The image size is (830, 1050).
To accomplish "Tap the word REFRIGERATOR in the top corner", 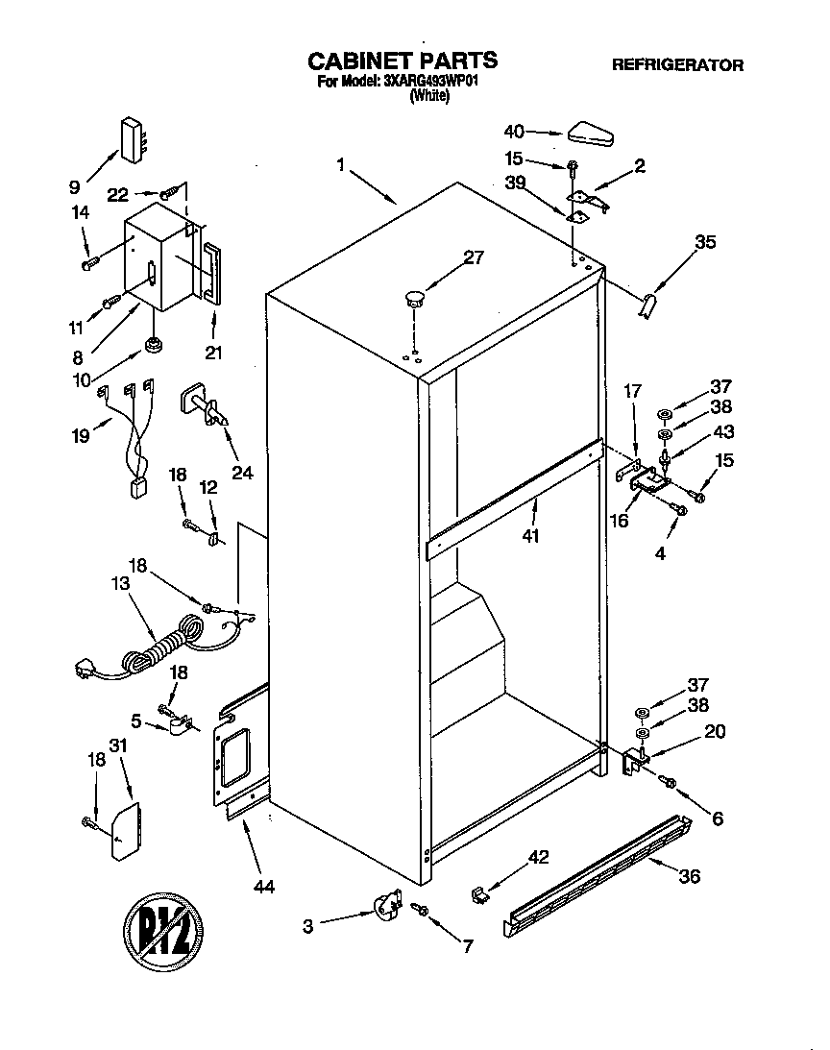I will click(677, 65).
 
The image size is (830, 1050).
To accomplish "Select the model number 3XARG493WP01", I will click(431, 83).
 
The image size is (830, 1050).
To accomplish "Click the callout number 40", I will click(515, 132).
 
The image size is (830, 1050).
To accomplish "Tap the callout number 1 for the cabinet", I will click(340, 165).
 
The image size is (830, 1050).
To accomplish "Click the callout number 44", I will click(261, 886).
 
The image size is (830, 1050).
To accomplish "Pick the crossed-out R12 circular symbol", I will click(162, 931).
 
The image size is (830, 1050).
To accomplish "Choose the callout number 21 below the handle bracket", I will click(213, 353).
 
